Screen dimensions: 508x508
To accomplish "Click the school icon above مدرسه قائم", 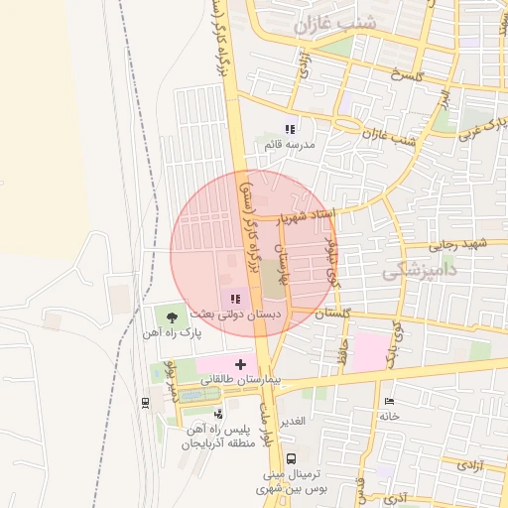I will tap(290, 129).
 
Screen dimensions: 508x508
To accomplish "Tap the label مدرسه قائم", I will tap(290, 145).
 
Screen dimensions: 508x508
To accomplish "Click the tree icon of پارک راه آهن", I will tap(173, 317).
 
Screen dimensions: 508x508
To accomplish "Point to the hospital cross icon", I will tap(240, 364).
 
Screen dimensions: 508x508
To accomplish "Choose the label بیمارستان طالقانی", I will tap(243, 380).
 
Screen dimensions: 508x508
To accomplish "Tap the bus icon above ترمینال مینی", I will tap(291, 459).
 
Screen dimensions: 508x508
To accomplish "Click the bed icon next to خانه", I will tap(388, 401).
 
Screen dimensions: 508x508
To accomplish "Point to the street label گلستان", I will tap(333, 313).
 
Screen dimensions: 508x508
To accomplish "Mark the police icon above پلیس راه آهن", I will tap(217, 413).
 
